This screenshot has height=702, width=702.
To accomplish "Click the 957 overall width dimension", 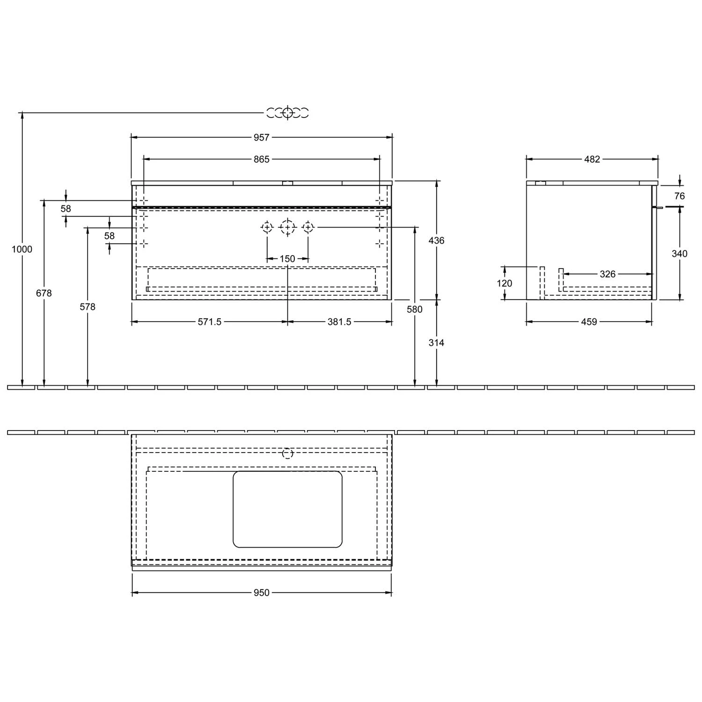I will click(261, 137).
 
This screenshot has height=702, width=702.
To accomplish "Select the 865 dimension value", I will click(261, 159).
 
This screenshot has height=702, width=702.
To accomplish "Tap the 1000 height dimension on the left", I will click(22, 249).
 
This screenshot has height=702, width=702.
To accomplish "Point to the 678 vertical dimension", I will click(44, 293).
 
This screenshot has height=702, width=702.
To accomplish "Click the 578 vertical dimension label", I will click(88, 307).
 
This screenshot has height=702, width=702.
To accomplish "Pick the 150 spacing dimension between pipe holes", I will click(287, 258).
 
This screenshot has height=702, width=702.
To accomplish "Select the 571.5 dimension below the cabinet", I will click(209, 322).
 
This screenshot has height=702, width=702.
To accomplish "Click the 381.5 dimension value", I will click(339, 322).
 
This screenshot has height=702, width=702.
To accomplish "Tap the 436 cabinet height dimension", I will click(436, 241).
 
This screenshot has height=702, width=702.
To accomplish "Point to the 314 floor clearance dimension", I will click(436, 343).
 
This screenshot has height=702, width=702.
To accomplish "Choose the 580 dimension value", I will click(415, 309).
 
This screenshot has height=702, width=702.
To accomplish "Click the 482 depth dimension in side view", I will click(592, 159).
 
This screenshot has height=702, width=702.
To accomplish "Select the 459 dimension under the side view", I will click(589, 322).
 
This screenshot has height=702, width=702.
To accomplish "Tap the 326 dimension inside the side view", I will click(607, 274).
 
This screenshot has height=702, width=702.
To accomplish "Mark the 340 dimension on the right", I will click(680, 254).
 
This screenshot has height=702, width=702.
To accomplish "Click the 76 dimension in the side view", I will click(680, 196).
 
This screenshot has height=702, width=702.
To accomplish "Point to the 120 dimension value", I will click(505, 283).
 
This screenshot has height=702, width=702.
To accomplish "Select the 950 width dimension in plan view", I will click(261, 593).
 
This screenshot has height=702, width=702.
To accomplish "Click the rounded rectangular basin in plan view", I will click(287, 509).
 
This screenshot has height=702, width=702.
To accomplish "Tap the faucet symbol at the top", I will click(287, 113).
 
